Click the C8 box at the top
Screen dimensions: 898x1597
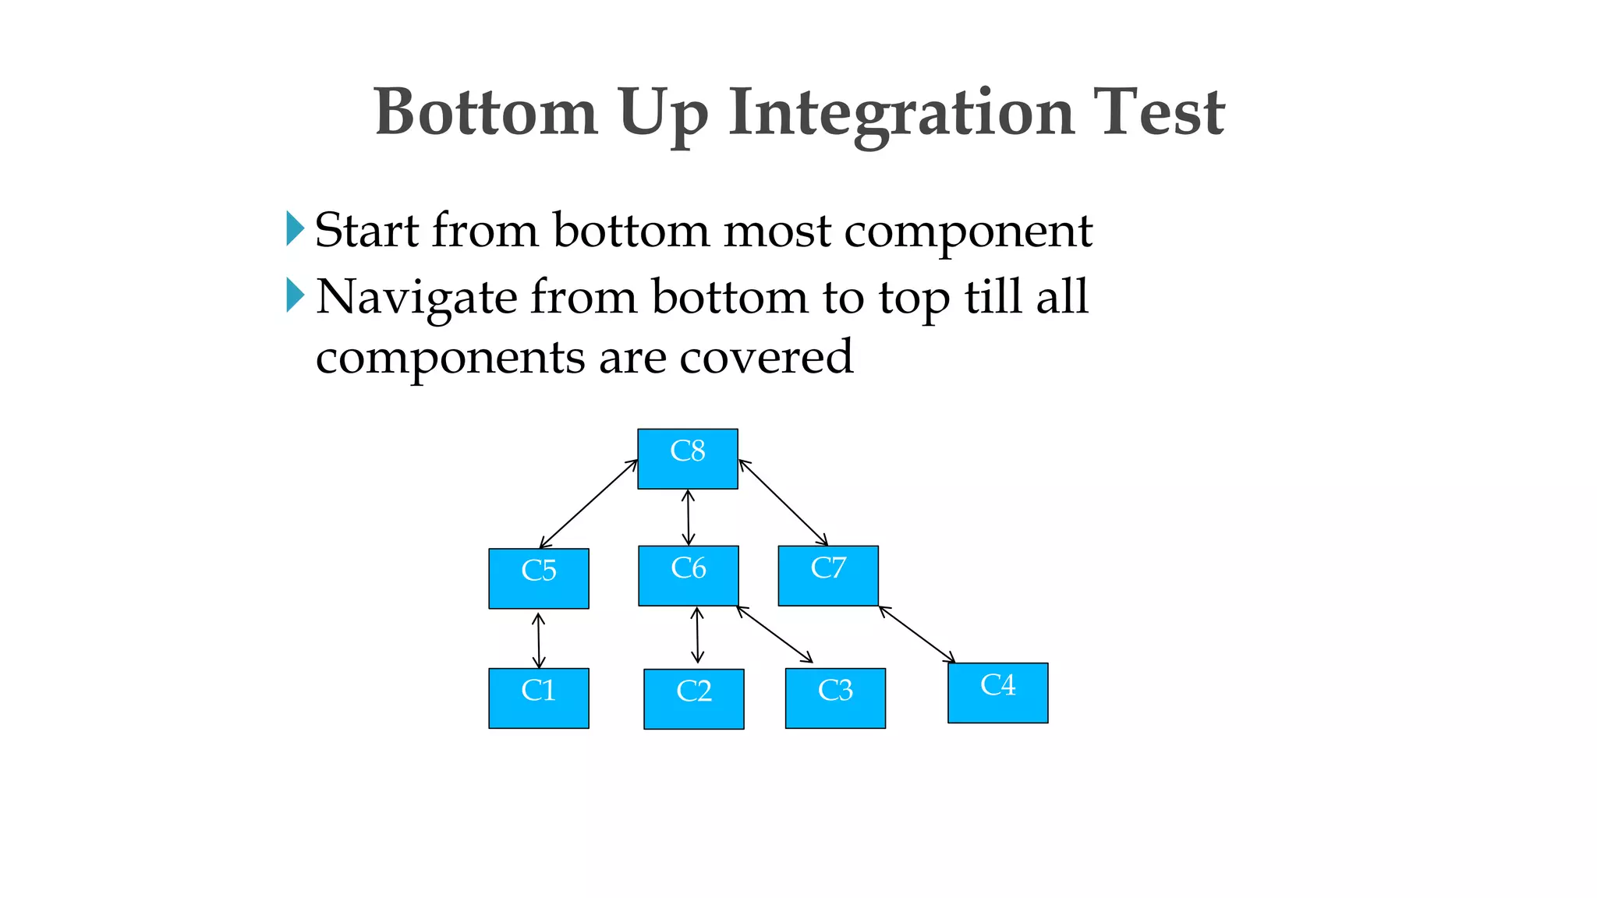tap(687, 459)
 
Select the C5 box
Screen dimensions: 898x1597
tap(538, 578)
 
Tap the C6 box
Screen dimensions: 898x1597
tap(688, 576)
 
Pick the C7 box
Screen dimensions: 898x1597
tap(827, 576)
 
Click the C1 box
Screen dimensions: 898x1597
tap(538, 698)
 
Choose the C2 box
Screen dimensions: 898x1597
tap(693, 699)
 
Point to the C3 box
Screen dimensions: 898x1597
tap(834, 698)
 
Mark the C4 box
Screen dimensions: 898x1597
tap(997, 693)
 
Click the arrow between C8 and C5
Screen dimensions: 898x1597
tap(589, 504)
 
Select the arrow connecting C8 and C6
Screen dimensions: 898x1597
tap(688, 518)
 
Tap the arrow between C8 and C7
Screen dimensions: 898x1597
tap(783, 503)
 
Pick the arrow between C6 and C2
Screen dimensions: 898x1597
tap(697, 635)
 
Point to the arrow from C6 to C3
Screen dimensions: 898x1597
tap(774, 635)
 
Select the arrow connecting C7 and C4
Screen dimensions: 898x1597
tap(917, 635)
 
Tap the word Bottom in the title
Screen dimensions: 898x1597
tap(485, 114)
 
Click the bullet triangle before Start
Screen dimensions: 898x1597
tap(294, 229)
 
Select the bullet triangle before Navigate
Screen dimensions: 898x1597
tap(294, 295)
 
